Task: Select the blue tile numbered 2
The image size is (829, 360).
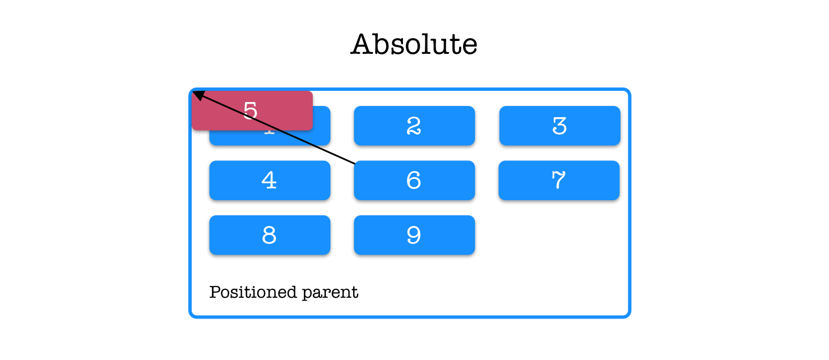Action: [414, 127]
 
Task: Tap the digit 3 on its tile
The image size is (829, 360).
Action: [559, 126]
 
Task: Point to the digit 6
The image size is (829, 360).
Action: [414, 180]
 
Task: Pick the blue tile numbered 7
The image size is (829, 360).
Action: [559, 182]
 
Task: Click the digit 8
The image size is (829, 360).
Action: [269, 235]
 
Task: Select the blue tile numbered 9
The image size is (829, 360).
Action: [414, 236]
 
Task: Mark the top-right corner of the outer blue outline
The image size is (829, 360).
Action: [630, 89]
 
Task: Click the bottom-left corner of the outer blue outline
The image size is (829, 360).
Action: [191, 317]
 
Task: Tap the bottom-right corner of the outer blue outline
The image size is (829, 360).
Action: [630, 317]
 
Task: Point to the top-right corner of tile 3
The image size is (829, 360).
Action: [623, 105]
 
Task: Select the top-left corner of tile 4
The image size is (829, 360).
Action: [207, 160]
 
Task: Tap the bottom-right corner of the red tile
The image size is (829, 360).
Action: [312, 130]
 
